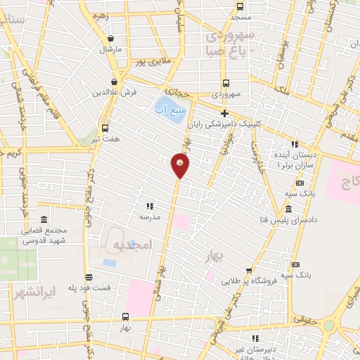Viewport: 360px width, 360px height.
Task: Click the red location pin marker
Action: click(181, 165)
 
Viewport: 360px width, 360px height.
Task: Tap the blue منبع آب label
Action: click(169, 110)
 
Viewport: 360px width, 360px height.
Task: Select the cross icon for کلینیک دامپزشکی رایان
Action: click(224, 113)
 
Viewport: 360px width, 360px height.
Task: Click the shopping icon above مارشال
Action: click(111, 39)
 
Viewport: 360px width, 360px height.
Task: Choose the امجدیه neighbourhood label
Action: click(133, 245)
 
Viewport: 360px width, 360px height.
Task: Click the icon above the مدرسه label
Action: click(149, 206)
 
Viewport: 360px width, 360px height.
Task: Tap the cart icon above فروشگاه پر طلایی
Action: click(249, 270)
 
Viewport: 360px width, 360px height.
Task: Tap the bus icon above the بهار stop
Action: click(125, 316)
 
